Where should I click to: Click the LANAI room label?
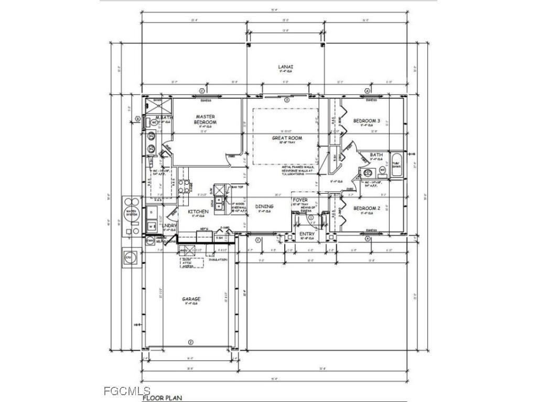(286, 67)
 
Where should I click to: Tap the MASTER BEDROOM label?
(206, 119)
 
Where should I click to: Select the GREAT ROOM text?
(287, 138)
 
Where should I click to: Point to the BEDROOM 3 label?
(366, 121)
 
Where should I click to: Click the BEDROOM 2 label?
(366, 208)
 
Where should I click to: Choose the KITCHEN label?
(198, 211)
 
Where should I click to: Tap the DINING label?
(264, 207)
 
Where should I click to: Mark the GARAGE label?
(191, 299)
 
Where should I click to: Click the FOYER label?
(300, 200)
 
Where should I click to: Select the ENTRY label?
(307, 234)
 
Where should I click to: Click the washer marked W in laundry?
(151, 227)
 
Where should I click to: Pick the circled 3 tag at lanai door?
(286, 99)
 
